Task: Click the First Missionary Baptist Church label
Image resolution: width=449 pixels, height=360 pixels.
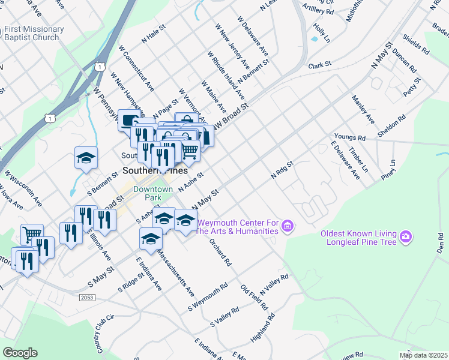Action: (x=34, y=33)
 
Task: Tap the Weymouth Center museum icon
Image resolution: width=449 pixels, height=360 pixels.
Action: (x=288, y=226)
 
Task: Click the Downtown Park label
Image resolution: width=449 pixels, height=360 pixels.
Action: (x=148, y=193)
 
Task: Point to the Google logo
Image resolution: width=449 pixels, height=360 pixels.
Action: (x=20, y=352)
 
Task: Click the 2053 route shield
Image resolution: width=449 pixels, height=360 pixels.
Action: (x=87, y=297)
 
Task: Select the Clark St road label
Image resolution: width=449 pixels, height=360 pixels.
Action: (x=319, y=65)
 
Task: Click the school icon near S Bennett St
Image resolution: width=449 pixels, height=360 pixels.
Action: (x=86, y=158)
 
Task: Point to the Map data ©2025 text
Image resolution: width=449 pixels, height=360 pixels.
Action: (x=423, y=355)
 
